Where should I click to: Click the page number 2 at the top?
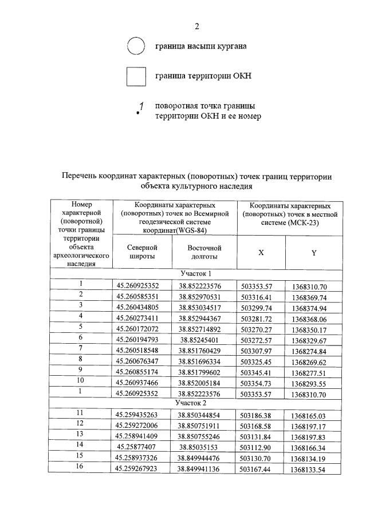pos(196,26)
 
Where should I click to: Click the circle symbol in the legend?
pos(135,46)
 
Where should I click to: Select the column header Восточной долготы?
pos(204,252)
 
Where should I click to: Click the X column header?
pos(261,253)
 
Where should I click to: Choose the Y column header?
pos(314,253)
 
